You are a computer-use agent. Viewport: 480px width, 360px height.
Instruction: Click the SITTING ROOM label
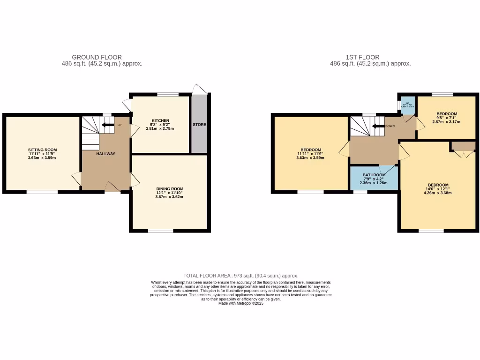[x=42, y=150]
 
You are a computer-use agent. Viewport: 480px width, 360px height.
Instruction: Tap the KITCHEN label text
[x=160, y=120]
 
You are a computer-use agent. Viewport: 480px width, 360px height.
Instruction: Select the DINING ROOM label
[x=170, y=188]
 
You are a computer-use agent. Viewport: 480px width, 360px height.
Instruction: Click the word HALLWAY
[x=105, y=154]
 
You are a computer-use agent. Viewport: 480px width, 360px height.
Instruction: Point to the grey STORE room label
[x=199, y=125]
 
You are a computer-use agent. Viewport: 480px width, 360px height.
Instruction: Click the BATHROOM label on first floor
[x=374, y=175]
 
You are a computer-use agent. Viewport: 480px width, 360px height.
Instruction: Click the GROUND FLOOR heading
[x=97, y=57]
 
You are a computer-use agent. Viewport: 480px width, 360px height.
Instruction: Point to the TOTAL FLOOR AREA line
[x=240, y=276]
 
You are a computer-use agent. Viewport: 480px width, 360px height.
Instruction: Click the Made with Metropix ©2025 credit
[x=241, y=303]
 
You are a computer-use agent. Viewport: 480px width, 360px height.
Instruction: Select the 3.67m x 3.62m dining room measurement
[x=170, y=196]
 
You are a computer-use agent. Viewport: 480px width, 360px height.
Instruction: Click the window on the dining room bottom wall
[x=161, y=230]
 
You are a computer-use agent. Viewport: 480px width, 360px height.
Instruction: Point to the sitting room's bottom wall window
[x=42, y=191]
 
